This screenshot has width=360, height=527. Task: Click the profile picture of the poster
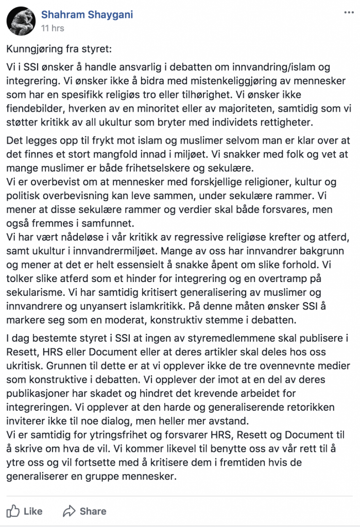click(21, 21)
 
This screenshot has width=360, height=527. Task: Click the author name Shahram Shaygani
click(87, 14)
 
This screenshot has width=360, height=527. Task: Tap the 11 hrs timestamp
click(53, 28)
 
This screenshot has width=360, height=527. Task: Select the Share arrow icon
click(69, 511)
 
